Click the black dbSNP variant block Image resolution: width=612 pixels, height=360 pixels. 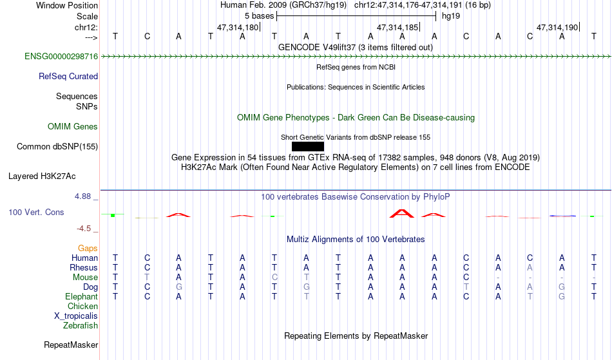[307, 146]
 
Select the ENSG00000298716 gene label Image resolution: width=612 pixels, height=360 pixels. [61, 56]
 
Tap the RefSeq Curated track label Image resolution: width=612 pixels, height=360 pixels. [68, 76]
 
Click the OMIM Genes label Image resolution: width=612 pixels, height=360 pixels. [73, 126]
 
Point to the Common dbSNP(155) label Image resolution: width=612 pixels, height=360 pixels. [57, 146]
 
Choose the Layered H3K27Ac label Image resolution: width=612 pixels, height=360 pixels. [42, 176]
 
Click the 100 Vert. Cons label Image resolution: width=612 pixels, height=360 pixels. [36, 212]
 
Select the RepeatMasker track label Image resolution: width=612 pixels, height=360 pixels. [71, 345]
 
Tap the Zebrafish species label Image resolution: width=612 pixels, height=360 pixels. [81, 325]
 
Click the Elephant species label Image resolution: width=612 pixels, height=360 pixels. [82, 296]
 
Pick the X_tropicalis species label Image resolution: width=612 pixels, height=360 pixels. [76, 316]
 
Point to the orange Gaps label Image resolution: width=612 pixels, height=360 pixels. [88, 248]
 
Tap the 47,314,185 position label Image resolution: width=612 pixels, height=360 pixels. [397, 27]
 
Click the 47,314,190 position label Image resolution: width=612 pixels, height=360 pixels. [557, 27]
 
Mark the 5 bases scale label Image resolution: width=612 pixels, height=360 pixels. [259, 16]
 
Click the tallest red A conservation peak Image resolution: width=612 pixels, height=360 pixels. [402, 213]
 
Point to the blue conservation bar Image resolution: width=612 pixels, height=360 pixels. [562, 216]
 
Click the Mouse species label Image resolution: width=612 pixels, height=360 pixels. [85, 278]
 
